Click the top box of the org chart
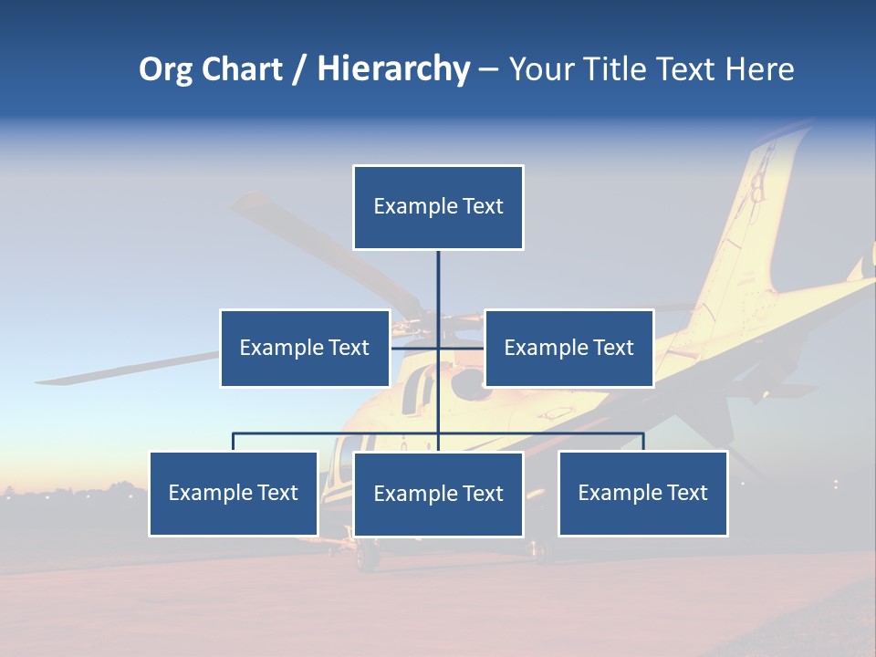pos(438,207)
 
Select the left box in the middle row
pos(305,348)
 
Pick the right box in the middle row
pos(568,348)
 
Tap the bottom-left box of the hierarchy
pos(233,493)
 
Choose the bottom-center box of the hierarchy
pos(438,494)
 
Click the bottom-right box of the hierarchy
pos(642,493)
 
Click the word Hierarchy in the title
pos(393,69)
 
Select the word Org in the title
pos(166,69)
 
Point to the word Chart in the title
pos(241,69)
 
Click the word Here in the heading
pos(760,69)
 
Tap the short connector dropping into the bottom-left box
pos(233,442)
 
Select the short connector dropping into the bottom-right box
pos(643,442)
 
